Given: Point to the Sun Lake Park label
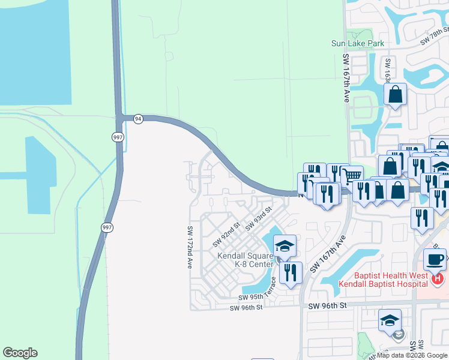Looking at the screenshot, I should (x=358, y=43).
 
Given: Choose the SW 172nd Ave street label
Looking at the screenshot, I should (x=189, y=247).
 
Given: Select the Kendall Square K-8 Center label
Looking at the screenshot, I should (x=245, y=260).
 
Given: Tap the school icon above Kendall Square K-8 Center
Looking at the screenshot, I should (x=285, y=245).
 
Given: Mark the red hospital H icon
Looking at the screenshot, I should (x=438, y=279).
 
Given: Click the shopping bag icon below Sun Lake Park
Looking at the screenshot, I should (x=395, y=94).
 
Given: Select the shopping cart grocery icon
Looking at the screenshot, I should (x=351, y=175).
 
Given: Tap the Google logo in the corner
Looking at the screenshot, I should (x=20, y=353).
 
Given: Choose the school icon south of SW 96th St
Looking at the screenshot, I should (x=390, y=320).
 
